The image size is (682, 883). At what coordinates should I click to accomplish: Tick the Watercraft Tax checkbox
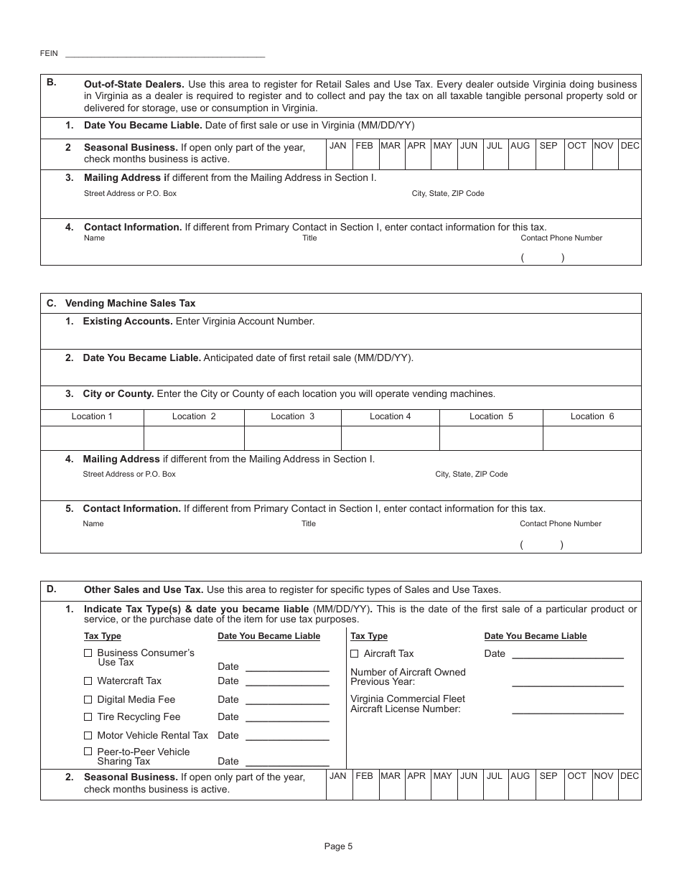click(x=88, y=681)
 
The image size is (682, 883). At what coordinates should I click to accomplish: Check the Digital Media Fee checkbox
click(x=88, y=699)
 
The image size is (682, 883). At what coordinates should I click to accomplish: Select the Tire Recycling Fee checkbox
click(x=88, y=716)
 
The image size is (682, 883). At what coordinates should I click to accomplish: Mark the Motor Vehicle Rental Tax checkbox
click(x=88, y=735)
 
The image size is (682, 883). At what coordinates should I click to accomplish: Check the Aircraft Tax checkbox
click(x=355, y=653)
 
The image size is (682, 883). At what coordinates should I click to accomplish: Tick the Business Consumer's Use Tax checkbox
click(x=88, y=653)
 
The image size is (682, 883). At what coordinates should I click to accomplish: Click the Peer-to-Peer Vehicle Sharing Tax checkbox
click(x=88, y=752)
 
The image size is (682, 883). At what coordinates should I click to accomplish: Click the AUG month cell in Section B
click(x=520, y=154)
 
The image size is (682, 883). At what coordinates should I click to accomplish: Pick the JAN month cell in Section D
click(x=338, y=784)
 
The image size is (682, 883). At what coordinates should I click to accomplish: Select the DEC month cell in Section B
click(x=630, y=154)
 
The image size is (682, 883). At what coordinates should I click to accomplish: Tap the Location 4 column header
click(x=391, y=416)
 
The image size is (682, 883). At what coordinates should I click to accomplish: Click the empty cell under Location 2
click(x=194, y=438)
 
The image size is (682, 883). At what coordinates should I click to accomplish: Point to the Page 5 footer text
click(x=338, y=846)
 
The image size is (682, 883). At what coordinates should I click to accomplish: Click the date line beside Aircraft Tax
click(x=567, y=653)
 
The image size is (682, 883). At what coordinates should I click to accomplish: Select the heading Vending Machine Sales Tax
click(x=130, y=303)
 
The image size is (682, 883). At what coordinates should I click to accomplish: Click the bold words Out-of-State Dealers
click(x=134, y=84)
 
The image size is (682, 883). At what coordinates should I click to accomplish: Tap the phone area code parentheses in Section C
click(x=541, y=545)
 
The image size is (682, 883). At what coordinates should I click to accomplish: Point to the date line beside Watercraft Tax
click(x=287, y=681)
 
